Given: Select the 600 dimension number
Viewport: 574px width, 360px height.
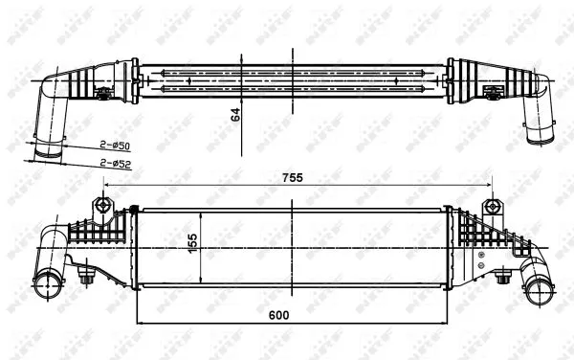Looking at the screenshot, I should pos(278,314).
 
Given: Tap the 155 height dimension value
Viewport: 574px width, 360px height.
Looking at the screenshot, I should pos(191,245).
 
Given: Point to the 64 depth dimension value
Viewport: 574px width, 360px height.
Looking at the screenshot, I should pos(234,114).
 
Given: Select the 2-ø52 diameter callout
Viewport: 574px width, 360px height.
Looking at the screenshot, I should pos(116,164).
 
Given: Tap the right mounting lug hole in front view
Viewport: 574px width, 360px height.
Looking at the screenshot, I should pos(493,206).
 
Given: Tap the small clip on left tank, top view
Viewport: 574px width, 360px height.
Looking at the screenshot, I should pos(102,93).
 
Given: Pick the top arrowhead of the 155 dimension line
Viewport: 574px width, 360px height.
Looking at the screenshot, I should pos(200,211).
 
